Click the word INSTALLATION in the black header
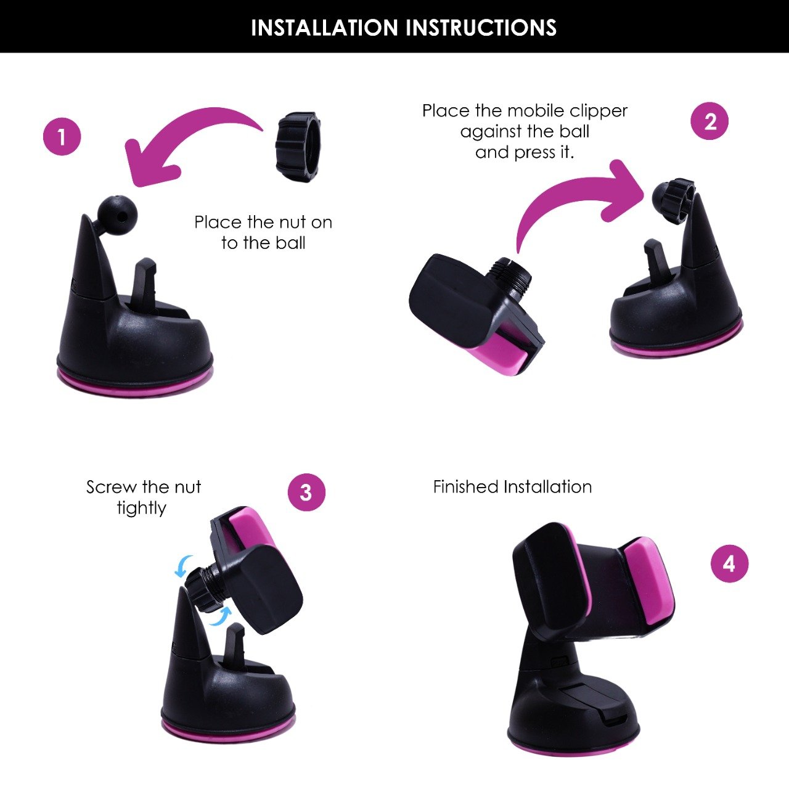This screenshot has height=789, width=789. click(324, 28)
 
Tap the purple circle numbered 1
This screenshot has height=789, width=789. click(62, 136)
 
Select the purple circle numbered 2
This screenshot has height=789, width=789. click(709, 121)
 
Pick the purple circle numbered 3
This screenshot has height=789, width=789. click(306, 492)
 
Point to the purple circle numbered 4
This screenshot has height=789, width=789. click(729, 564)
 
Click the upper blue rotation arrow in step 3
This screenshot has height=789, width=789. click(182, 566)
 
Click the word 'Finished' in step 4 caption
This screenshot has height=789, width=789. click(467, 487)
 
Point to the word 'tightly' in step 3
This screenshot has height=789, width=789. click(142, 509)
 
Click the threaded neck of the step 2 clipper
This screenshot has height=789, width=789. click(512, 275)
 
